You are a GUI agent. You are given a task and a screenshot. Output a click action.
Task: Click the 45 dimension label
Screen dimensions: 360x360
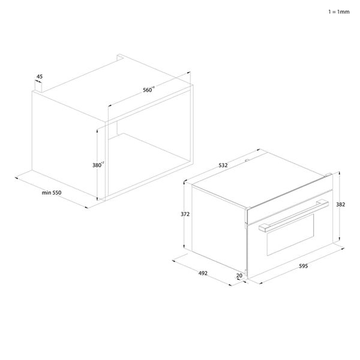40,76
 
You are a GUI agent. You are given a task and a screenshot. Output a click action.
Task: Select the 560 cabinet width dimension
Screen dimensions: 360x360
148,90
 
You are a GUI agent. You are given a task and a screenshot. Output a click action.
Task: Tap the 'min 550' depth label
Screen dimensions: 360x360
52,192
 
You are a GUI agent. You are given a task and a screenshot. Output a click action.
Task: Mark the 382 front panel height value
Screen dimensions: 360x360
341,205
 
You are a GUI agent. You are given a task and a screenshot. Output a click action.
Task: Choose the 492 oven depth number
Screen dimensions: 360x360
203,274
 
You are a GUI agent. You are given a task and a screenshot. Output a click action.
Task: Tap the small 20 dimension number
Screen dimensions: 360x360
239,276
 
